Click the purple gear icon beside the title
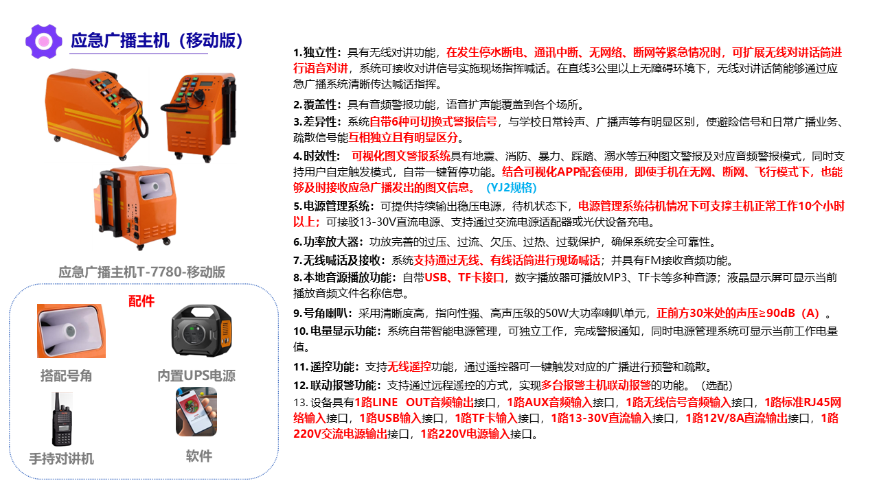point(43,41)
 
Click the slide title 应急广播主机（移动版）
point(157,40)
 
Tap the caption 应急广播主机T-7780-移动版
point(141,272)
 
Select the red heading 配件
point(141,301)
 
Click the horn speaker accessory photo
point(71,331)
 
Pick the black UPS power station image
point(202,331)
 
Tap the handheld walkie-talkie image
point(62,419)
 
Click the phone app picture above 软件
point(196,411)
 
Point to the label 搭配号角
point(66,375)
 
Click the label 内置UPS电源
point(196,375)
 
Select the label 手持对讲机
point(61,458)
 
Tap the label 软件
point(199,456)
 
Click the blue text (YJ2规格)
point(512,187)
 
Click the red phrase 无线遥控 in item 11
point(409,366)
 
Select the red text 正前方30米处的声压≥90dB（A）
point(738,313)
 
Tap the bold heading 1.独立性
point(317,53)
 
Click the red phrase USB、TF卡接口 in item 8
point(464,278)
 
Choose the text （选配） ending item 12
point(716,385)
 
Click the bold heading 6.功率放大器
point(328,242)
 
